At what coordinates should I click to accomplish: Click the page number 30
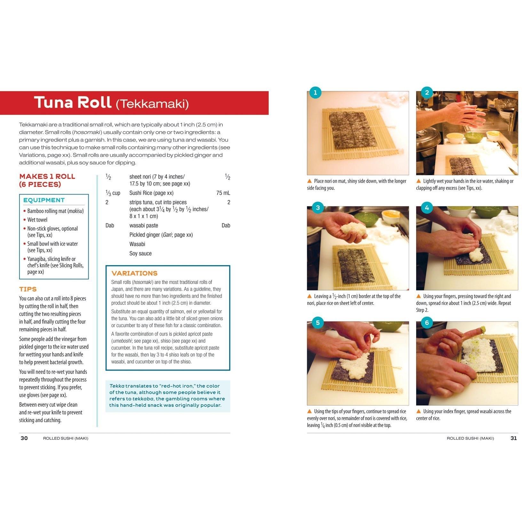(24, 438)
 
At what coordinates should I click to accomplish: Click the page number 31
(513, 438)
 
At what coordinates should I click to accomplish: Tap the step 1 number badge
(315, 93)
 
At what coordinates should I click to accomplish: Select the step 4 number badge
(427, 208)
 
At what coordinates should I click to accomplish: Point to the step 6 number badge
(427, 323)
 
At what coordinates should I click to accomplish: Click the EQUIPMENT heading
(44, 200)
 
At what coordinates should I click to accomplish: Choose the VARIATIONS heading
(134, 273)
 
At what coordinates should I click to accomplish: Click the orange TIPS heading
(28, 289)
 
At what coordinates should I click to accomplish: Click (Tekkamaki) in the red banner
(152, 104)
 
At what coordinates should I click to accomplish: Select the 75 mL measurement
(223, 193)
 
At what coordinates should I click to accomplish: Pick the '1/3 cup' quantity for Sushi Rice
(113, 193)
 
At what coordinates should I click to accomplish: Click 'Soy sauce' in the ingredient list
(140, 253)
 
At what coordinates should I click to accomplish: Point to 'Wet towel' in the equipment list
(37, 220)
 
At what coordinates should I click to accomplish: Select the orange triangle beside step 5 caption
(309, 411)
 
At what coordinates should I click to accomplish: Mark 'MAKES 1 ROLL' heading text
(47, 177)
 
